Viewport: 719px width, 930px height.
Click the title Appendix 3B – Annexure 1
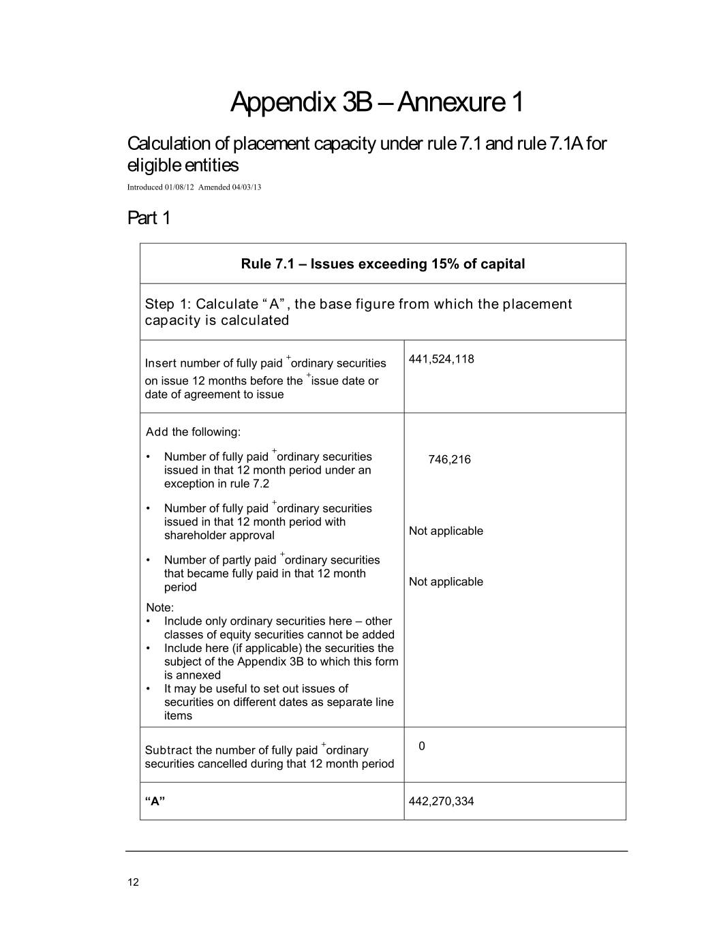coord(377,102)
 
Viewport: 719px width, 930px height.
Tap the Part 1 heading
coord(149,218)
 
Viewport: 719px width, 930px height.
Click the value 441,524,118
coord(441,359)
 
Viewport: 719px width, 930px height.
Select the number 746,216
coord(449,459)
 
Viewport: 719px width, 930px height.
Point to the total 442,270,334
coord(441,801)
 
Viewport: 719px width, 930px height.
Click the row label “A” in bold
coord(155,801)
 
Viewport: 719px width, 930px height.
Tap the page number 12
coord(133,882)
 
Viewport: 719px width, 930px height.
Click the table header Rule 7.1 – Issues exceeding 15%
coord(382,264)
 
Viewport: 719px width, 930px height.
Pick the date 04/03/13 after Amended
coord(246,187)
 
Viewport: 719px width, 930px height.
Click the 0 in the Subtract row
coord(422,746)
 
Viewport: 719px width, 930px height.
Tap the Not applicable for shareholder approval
coord(446,531)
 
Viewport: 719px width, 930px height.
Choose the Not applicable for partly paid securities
coord(446,582)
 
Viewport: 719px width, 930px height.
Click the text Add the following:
coord(193,432)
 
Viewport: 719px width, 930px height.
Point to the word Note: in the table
coord(160,608)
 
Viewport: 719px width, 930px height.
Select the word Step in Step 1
coord(159,304)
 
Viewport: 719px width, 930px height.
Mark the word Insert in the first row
coord(161,363)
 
